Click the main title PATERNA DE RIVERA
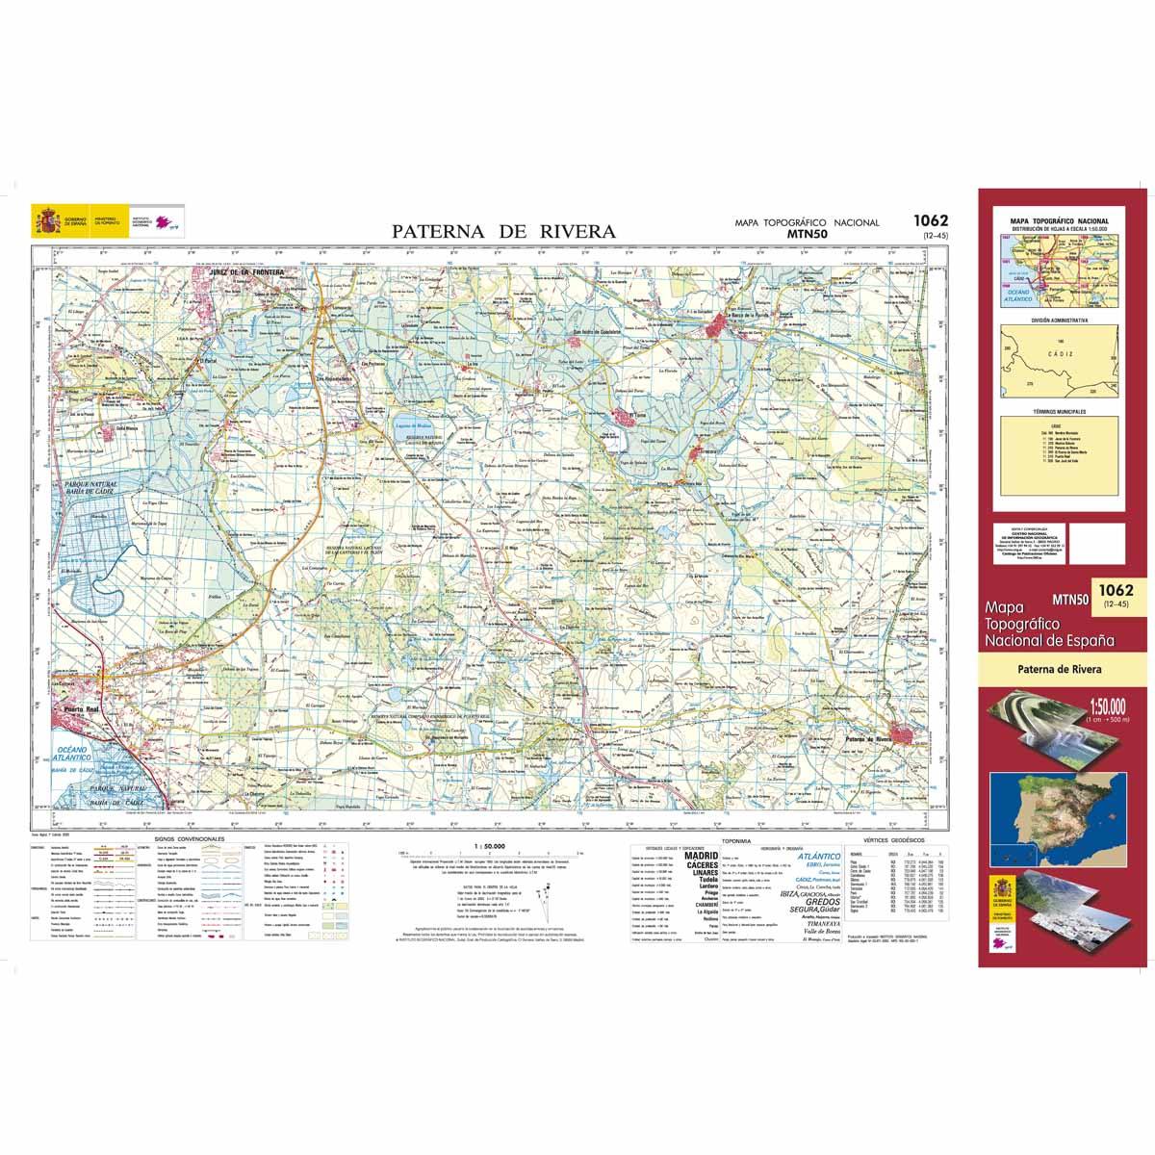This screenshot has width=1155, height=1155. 502,231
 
